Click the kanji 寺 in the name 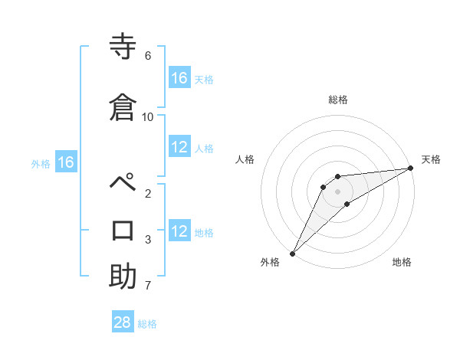(123, 48)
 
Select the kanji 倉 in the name (123, 106)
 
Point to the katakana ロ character (123, 230)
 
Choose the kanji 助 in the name (123, 276)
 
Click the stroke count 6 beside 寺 (147, 56)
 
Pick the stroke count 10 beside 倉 (147, 116)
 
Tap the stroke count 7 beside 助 (147, 286)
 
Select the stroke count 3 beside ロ (147, 240)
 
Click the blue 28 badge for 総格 (123, 322)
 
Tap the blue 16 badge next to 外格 (65, 162)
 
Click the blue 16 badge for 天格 (179, 78)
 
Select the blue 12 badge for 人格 (179, 147)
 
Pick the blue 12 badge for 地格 (179, 231)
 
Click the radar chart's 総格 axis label (337, 100)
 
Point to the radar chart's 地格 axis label (402, 263)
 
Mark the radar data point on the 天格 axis (411, 168)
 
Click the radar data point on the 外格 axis (292, 253)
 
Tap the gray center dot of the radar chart (337, 191)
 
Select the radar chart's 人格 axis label (245, 159)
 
